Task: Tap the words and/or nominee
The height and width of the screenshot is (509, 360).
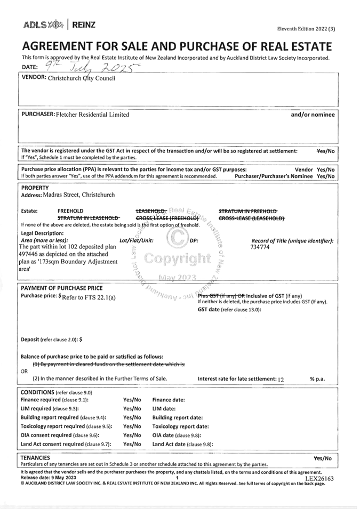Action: (313, 115)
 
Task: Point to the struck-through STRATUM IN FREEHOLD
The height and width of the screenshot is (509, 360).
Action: (247, 211)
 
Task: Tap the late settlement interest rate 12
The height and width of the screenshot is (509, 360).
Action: (281, 380)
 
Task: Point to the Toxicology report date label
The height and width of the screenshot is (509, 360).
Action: (180, 426)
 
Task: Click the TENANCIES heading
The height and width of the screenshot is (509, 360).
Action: (35, 457)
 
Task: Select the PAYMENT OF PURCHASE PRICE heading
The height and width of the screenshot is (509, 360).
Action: (61, 288)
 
